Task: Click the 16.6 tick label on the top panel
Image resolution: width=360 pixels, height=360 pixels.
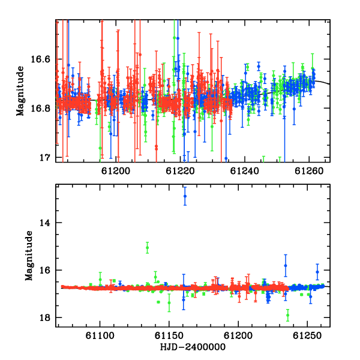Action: click(x=40, y=59)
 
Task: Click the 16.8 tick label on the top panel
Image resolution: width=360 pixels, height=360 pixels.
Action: click(x=40, y=108)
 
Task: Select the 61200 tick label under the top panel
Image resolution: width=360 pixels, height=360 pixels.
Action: click(x=116, y=171)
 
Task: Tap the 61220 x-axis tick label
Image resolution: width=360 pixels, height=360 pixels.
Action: click(x=180, y=171)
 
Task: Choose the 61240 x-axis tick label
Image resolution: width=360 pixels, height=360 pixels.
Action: click(x=245, y=171)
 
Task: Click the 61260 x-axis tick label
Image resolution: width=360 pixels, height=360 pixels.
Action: click(x=309, y=171)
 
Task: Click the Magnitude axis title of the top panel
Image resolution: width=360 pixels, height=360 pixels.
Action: click(x=20, y=91)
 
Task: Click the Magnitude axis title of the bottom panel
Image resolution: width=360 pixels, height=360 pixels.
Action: click(x=29, y=256)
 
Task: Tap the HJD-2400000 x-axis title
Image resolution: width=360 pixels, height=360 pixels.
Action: click(x=193, y=347)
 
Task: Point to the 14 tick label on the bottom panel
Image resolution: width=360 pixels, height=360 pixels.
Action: click(x=44, y=223)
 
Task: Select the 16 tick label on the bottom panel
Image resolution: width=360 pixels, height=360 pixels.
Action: click(x=44, y=270)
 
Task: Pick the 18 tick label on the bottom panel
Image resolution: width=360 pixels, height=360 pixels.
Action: click(x=44, y=317)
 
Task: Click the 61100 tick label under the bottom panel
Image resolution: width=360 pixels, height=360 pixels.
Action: click(x=100, y=335)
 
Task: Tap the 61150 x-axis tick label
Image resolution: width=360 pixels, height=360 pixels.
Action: click(x=169, y=335)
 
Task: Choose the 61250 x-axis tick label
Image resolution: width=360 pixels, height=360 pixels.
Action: click(x=307, y=335)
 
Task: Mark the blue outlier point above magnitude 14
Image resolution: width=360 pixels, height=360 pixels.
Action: click(x=185, y=196)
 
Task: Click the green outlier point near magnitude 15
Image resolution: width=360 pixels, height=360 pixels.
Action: click(x=148, y=247)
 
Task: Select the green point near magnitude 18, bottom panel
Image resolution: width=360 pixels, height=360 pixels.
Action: click(x=287, y=315)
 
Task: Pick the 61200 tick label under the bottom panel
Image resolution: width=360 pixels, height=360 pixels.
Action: click(x=238, y=335)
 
